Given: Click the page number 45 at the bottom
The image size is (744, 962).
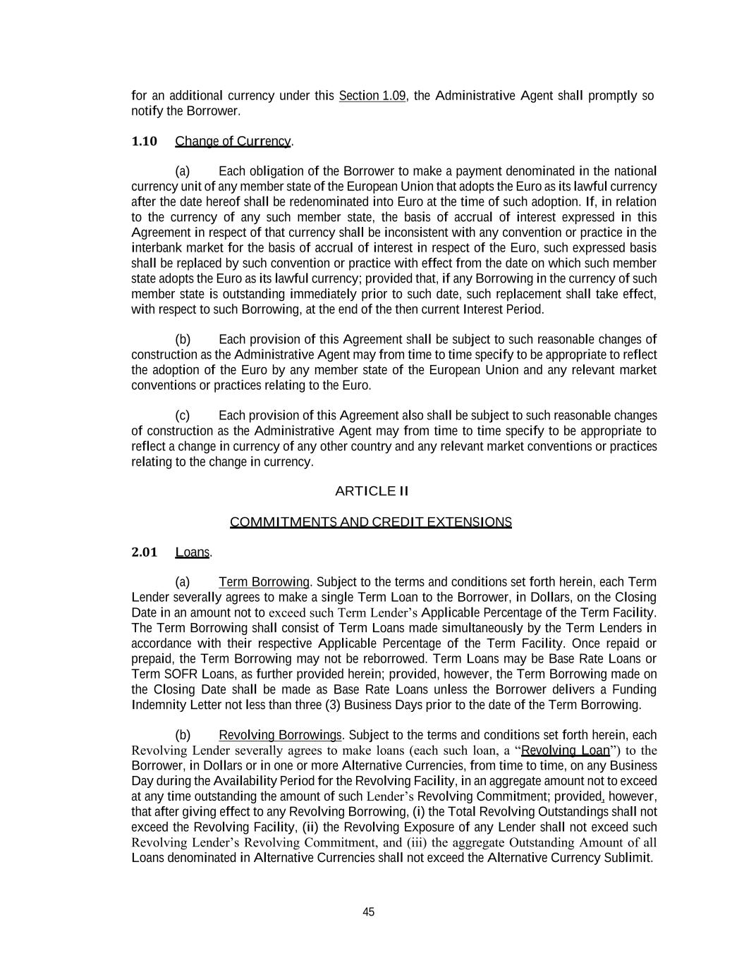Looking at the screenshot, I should click(x=368, y=912).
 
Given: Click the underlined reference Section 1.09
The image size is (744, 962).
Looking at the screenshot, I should click(x=372, y=96).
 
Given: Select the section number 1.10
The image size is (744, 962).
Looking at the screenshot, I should click(x=144, y=141).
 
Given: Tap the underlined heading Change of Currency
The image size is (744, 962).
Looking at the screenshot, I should click(x=233, y=141).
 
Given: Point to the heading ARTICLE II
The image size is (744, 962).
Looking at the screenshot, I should click(x=372, y=491).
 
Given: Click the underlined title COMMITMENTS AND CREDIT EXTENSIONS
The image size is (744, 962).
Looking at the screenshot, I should click(x=370, y=522).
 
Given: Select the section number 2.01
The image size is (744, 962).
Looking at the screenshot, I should click(x=144, y=552).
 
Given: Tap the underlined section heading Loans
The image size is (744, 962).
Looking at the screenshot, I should click(x=192, y=553).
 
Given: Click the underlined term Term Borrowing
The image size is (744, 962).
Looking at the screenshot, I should click(x=264, y=582).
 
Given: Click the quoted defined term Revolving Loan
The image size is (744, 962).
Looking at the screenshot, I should click(x=564, y=751).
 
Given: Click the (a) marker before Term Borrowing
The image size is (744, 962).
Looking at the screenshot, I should click(x=183, y=582).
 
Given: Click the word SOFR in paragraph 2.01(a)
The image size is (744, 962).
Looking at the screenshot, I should click(x=177, y=674).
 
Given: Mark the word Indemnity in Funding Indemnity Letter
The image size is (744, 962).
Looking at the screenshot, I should click(x=159, y=705).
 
